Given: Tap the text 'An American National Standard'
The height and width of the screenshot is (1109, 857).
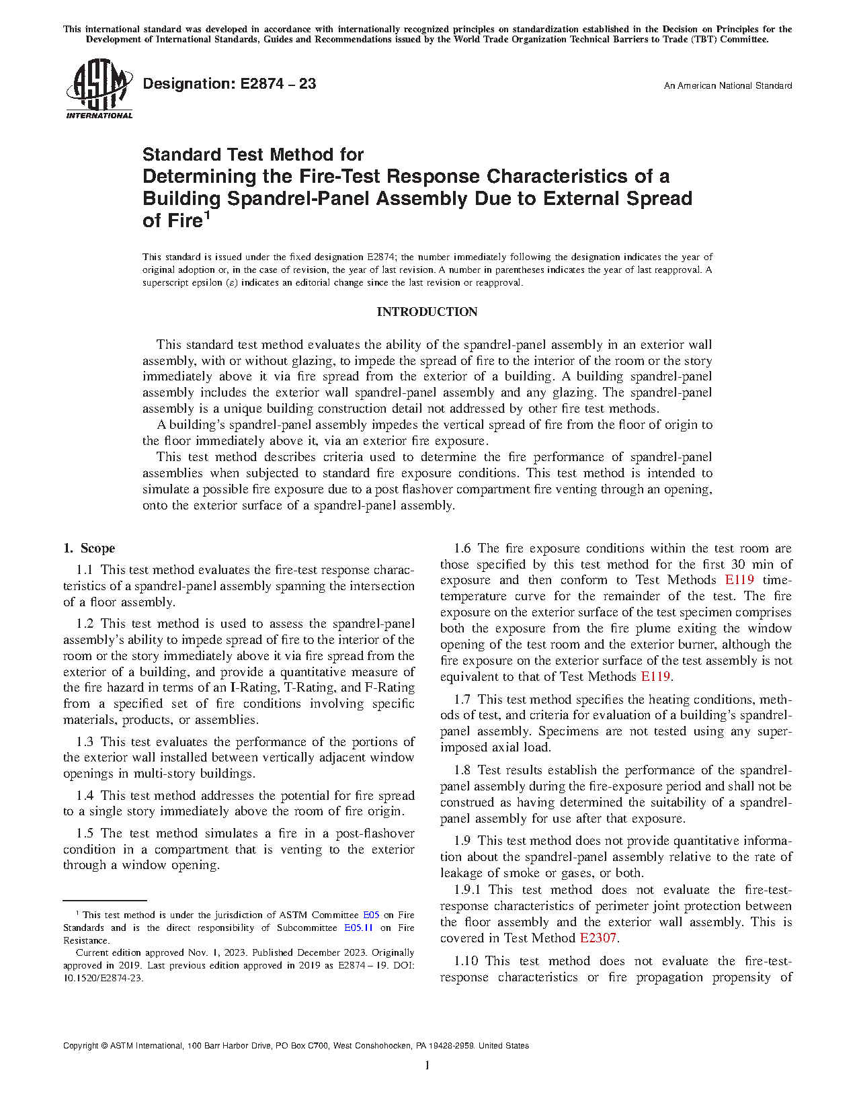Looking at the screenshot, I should point(727,86).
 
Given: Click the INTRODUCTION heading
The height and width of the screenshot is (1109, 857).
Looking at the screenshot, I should point(427,312).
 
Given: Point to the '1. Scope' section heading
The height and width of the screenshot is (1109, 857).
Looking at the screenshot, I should point(89,548).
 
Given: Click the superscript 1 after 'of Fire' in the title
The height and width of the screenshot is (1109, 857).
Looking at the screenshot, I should point(207,216).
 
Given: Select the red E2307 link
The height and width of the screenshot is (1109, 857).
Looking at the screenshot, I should point(598,938).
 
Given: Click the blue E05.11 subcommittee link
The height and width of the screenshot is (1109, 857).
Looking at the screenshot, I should point(358,928).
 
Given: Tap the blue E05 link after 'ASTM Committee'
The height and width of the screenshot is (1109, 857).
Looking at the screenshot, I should point(371,915).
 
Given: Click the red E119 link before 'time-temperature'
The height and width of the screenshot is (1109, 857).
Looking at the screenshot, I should point(739,580).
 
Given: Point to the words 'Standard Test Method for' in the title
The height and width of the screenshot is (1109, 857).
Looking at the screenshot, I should point(253,155).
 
